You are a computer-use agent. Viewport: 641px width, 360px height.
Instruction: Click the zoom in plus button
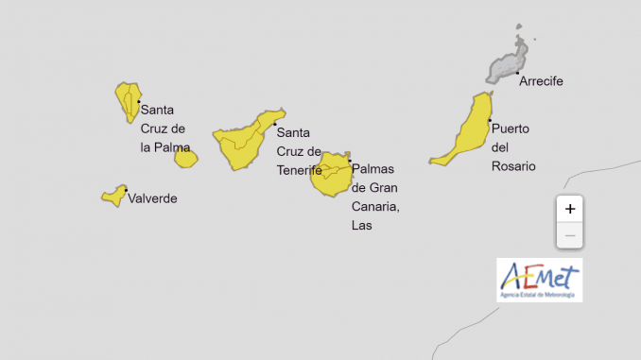click(569, 209)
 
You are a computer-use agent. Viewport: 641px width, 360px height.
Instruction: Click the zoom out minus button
click(569, 234)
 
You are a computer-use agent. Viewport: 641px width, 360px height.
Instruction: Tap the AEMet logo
click(539, 281)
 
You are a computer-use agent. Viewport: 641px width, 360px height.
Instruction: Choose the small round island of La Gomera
click(185, 158)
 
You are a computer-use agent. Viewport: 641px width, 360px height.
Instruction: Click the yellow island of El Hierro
click(114, 196)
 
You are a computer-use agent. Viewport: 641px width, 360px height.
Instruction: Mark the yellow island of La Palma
click(128, 100)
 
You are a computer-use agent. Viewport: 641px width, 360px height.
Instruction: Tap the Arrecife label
click(541, 81)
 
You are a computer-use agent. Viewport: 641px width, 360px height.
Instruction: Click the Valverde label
click(152, 198)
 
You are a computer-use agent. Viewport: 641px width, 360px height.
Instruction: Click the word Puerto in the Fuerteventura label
click(510, 129)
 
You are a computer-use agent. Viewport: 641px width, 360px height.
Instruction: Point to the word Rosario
click(513, 166)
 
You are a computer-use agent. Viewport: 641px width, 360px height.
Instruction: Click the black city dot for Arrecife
click(518, 72)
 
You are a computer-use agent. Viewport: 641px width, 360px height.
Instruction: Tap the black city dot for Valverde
click(125, 191)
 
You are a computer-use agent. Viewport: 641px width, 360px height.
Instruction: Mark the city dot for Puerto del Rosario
click(490, 120)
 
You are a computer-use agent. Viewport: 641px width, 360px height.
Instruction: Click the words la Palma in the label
click(165, 147)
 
